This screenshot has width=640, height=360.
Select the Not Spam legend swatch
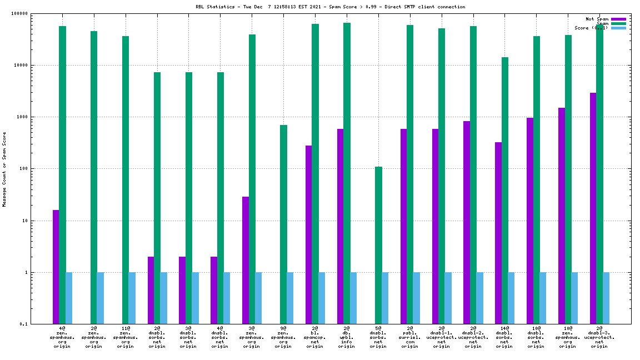[618, 19]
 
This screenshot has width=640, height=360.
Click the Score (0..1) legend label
[591, 28]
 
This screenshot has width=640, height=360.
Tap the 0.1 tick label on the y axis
[23, 324]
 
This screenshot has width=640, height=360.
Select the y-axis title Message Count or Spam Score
[4, 169]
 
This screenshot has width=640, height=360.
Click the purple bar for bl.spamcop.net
[308, 234]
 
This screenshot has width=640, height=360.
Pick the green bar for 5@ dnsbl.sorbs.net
[378, 245]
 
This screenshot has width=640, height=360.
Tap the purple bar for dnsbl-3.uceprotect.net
[593, 208]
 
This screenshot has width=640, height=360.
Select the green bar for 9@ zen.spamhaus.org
[283, 224]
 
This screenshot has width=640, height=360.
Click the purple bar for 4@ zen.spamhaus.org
[56, 267]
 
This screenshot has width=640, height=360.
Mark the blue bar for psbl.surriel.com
[416, 298]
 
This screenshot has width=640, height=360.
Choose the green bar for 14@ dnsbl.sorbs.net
[504, 191]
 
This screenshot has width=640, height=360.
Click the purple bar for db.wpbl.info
[340, 226]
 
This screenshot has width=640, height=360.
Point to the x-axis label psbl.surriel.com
[410, 337]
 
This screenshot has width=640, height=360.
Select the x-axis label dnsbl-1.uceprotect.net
[442, 337]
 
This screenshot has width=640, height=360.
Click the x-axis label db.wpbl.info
[347, 337]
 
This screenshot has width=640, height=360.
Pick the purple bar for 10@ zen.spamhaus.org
[561, 216]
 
